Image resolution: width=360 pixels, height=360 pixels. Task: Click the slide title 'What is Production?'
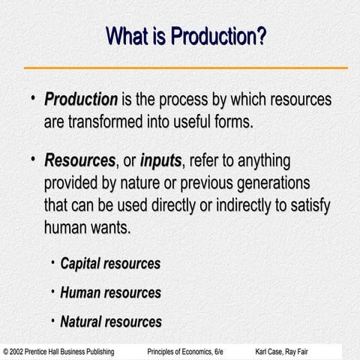click(186, 35)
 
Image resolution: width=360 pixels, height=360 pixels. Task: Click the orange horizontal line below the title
click(185, 67)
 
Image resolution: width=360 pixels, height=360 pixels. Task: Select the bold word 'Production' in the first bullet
click(81, 100)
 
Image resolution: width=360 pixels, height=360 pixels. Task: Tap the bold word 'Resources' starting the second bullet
click(79, 161)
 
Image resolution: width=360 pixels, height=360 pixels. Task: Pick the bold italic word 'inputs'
click(160, 161)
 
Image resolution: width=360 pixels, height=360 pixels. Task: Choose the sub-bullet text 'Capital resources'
click(110, 264)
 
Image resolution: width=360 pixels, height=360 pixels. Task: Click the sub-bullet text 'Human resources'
click(110, 292)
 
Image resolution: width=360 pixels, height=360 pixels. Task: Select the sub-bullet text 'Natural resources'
click(111, 322)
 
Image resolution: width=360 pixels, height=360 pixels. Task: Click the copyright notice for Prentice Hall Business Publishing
click(59, 351)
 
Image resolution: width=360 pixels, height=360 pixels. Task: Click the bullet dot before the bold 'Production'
click(32, 99)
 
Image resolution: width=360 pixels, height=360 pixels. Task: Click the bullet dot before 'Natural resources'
click(52, 320)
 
